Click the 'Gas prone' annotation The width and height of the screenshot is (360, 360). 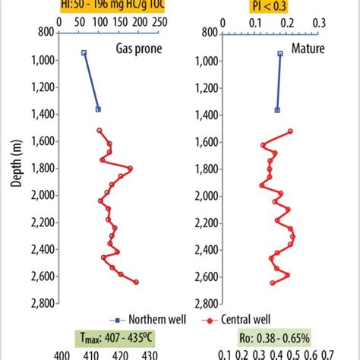tap(137, 47)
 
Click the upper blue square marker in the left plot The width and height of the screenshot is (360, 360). tap(84, 53)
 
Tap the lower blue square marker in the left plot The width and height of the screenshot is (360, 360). tap(98, 109)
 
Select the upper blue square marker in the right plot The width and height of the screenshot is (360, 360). tap(280, 54)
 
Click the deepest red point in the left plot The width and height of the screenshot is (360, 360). tap(137, 283)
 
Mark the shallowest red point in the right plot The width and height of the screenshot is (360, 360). tap(290, 131)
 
